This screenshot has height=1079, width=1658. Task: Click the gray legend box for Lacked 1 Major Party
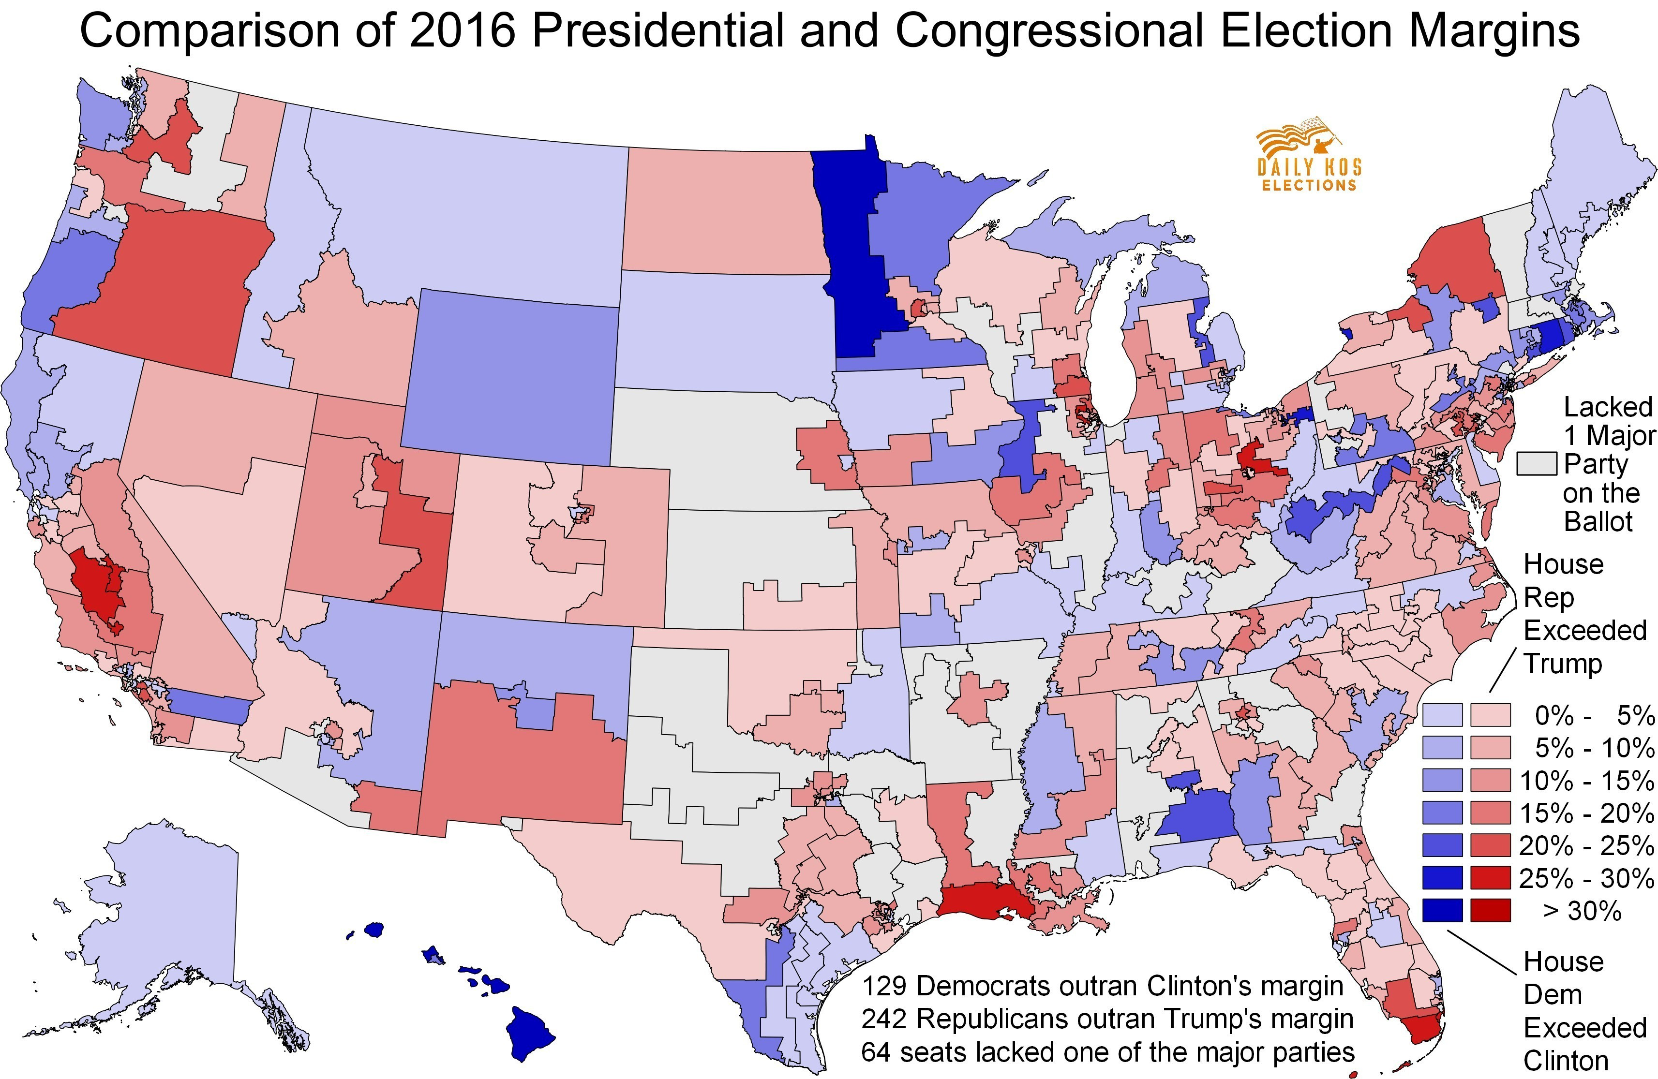(1537, 463)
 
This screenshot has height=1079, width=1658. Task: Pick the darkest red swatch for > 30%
(1490, 910)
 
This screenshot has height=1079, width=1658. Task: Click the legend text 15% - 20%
(1586, 813)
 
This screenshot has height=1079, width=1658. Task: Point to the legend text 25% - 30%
(1586, 878)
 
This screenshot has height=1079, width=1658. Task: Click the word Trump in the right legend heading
(1563, 664)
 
